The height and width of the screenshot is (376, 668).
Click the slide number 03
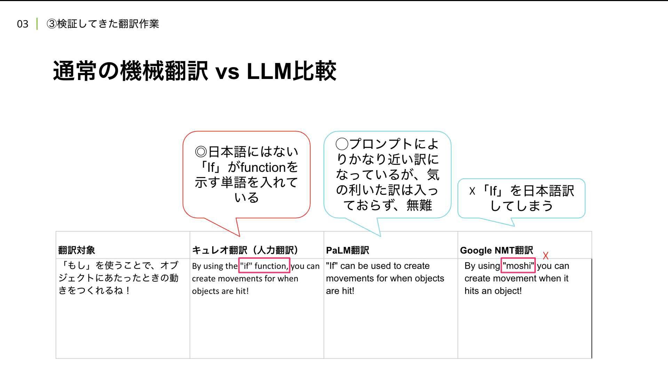(23, 24)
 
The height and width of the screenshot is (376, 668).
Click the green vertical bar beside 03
(37, 24)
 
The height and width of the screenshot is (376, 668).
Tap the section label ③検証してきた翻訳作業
(103, 24)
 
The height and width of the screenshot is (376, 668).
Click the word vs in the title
(227, 72)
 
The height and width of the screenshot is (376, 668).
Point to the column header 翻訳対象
(77, 250)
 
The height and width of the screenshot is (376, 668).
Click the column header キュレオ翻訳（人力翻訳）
(245, 250)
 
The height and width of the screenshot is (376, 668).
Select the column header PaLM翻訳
(347, 250)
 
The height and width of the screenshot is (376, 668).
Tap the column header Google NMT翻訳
(496, 250)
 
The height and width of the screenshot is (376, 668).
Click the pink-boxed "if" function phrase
(264, 266)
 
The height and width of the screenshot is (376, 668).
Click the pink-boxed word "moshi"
(518, 266)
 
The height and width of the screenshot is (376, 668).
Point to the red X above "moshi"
(546, 256)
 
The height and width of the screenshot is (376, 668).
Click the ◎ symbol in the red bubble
(201, 152)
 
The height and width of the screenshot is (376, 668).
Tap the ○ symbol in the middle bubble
(342, 144)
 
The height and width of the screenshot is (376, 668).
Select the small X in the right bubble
(472, 191)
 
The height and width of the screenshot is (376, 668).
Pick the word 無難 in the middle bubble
(419, 205)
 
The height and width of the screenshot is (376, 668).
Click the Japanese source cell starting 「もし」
(118, 278)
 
